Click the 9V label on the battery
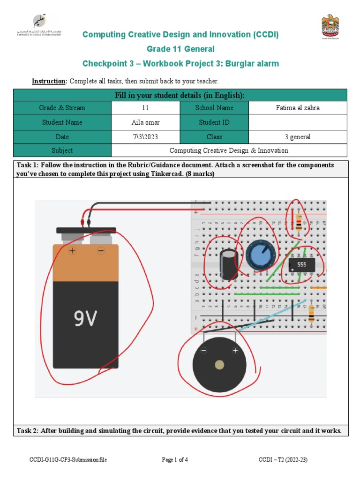(86, 319)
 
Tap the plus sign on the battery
(72, 251)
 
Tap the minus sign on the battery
(100, 251)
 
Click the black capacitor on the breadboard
(228, 264)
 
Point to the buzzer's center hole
(219, 365)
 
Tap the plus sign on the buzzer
(235, 351)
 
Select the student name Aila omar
(145, 122)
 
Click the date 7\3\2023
(145, 137)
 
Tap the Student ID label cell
(214, 122)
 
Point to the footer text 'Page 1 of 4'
(175, 460)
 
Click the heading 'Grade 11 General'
(180, 49)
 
